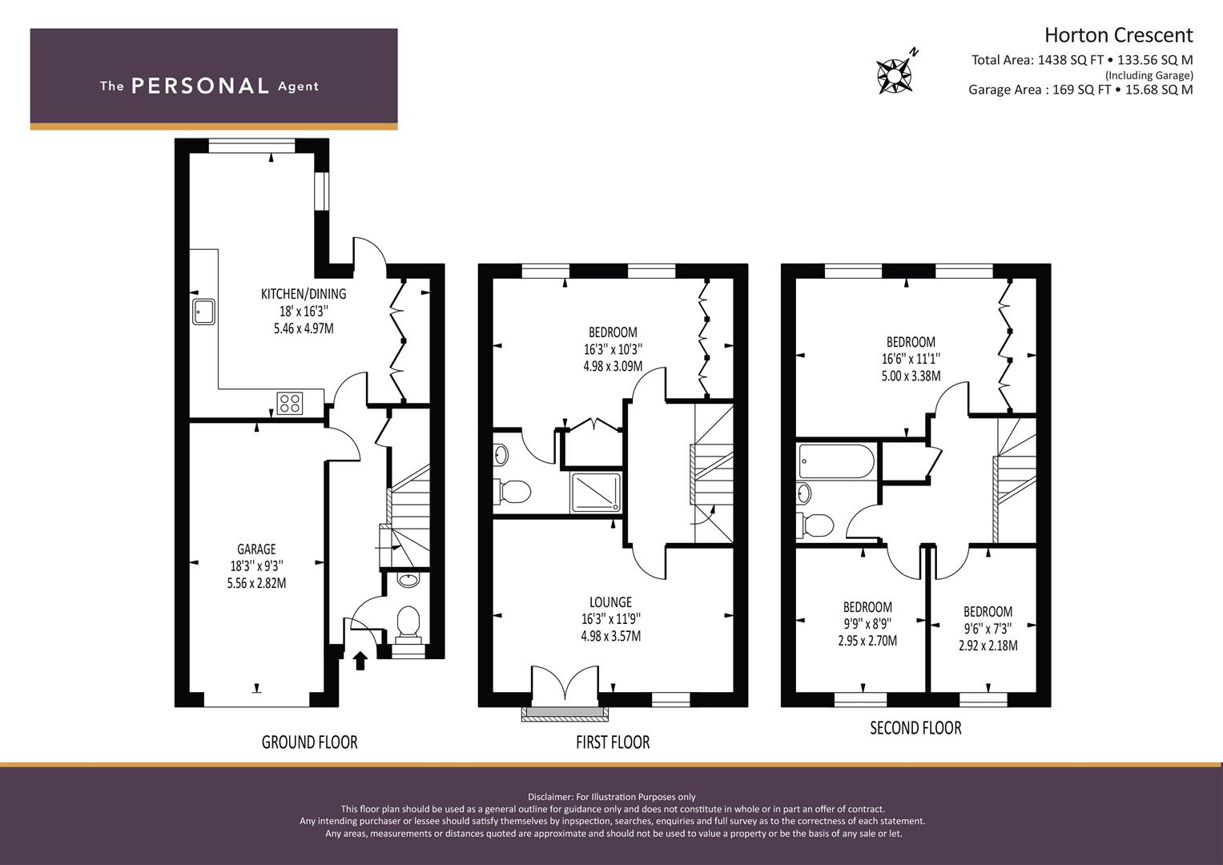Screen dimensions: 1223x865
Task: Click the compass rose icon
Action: (895, 75)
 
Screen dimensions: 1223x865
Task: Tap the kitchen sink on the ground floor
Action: (203, 312)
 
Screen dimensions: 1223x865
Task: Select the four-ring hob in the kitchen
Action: (290, 404)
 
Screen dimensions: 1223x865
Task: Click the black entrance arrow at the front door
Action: (360, 660)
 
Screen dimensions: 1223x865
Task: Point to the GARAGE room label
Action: (256, 549)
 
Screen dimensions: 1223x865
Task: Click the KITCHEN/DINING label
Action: (304, 294)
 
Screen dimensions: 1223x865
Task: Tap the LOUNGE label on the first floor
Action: (610, 601)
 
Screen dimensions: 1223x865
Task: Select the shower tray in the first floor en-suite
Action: (596, 493)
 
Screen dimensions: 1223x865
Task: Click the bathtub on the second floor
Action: (836, 461)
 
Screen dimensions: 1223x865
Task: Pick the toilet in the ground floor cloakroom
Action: (408, 626)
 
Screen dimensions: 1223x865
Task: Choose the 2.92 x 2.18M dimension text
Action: (988, 646)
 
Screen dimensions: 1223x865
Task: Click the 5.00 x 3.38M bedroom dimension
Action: (911, 376)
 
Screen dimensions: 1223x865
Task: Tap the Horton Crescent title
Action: (1118, 35)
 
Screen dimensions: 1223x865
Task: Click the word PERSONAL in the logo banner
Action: (200, 86)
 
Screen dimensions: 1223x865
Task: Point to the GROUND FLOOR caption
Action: (310, 742)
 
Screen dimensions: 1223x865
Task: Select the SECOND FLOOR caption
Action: (915, 728)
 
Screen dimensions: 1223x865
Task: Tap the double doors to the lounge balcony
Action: (565, 682)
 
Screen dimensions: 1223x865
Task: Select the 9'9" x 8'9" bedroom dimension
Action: (867, 624)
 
